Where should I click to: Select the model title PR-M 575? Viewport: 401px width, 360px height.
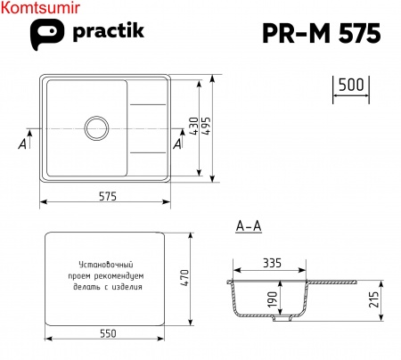(x=322, y=33)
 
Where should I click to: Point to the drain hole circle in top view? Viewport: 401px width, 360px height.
(x=97, y=127)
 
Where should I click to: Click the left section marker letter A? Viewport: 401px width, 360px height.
(x=22, y=142)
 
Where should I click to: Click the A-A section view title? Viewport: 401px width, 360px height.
(x=249, y=226)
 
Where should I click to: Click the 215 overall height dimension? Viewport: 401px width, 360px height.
(x=373, y=300)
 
